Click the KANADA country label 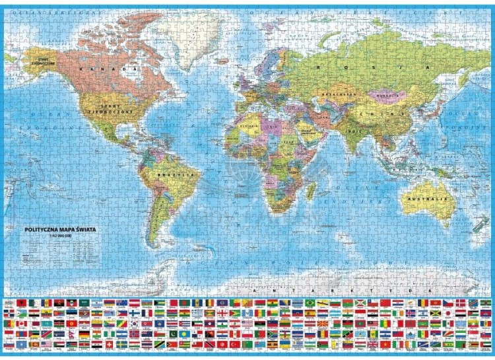pos(108,69)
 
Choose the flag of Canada pos(21,323)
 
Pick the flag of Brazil pos(310,303)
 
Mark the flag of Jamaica pos(436,313)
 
